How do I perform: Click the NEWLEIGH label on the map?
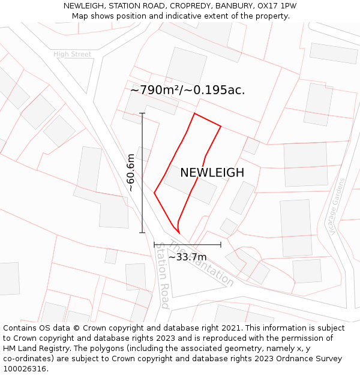pyautogui.click(x=212, y=173)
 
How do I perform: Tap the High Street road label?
pyautogui.click(x=73, y=55)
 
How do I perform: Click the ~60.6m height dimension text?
pyautogui.click(x=131, y=173)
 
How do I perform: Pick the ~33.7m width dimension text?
pyautogui.click(x=187, y=257)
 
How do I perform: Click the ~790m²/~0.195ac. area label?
pyautogui.click(x=187, y=90)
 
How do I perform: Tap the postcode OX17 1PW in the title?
pyautogui.click(x=275, y=6)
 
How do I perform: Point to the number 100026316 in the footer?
pyautogui.click(x=26, y=369)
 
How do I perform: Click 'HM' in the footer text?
pyautogui.click(x=10, y=349)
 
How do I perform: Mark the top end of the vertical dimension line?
pyautogui.click(x=142, y=113)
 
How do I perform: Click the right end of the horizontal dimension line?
pyautogui.click(x=221, y=244)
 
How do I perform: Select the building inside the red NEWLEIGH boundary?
pyautogui.click(x=191, y=185)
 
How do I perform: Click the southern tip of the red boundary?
pyautogui.click(x=179, y=233)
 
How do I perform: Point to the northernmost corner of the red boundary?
pyautogui.click(x=194, y=113)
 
